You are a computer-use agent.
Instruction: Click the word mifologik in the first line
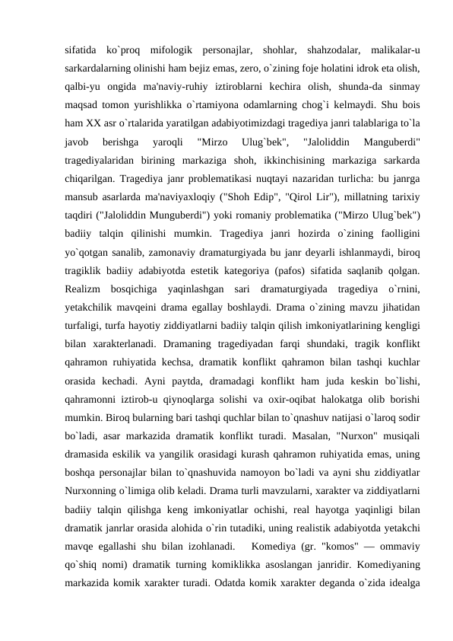tap(172, 51)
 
